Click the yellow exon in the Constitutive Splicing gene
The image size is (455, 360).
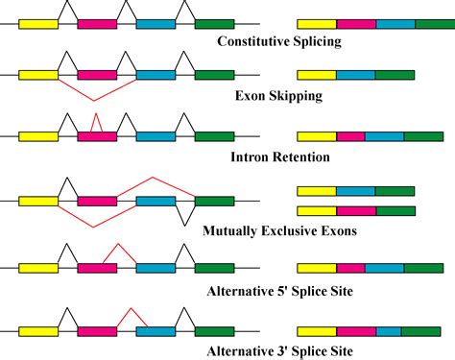click(38, 22)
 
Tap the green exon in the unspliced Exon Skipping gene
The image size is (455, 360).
click(214, 74)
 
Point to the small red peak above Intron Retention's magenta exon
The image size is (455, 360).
click(95, 121)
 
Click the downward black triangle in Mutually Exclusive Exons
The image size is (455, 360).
click(184, 213)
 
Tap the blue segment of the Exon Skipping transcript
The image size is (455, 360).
click(356, 74)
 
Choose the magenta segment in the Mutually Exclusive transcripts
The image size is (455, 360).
click(356, 210)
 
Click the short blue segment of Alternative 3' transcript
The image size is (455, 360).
click(389, 331)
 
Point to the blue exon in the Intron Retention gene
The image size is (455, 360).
click(156, 136)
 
